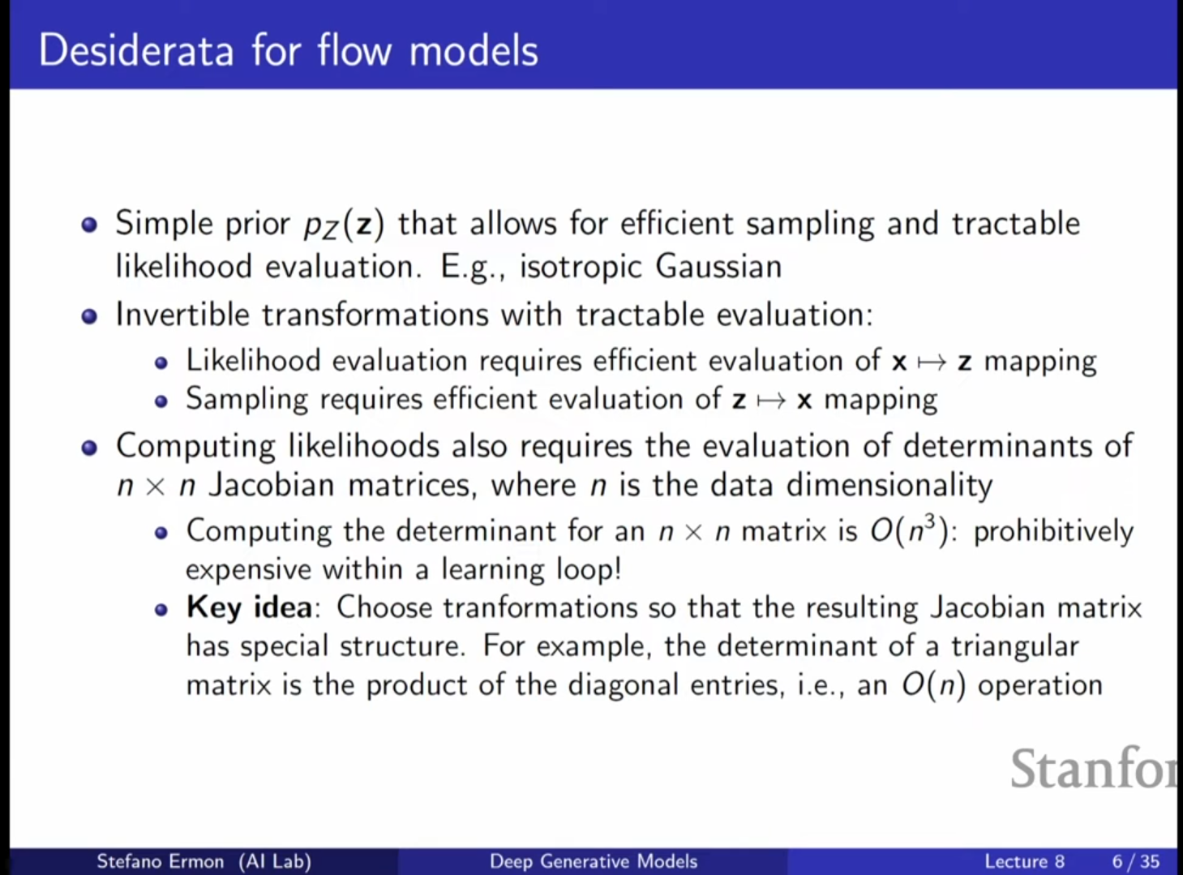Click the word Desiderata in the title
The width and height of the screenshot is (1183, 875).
point(136,51)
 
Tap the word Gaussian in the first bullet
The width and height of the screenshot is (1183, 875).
point(718,266)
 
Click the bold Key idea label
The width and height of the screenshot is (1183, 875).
point(249,608)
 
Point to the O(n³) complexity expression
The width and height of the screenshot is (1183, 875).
point(914,532)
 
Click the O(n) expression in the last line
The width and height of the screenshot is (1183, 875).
point(933,685)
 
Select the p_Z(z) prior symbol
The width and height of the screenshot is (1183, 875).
point(344,225)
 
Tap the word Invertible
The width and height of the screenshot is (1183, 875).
point(182,314)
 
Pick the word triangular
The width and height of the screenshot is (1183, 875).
point(1015,647)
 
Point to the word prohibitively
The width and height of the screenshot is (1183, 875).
point(1053,532)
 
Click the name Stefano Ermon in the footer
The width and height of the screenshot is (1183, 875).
point(160,861)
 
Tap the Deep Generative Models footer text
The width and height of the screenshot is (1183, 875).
point(594,861)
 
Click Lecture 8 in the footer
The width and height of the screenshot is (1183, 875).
point(1025,861)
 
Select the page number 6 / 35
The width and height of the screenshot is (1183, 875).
point(1135,861)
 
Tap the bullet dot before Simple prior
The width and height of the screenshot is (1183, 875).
point(89,225)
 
